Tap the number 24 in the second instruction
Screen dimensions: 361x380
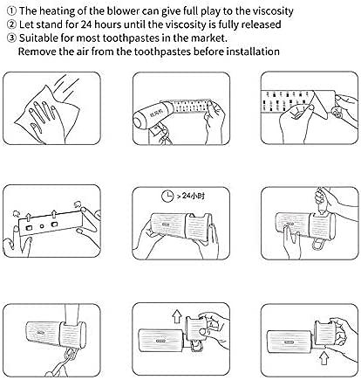click(86, 24)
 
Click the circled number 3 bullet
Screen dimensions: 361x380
click(11, 38)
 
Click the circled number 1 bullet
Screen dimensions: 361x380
click(11, 11)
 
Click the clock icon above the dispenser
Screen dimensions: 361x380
click(167, 196)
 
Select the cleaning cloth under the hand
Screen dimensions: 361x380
click(48, 114)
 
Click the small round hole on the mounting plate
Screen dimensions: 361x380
click(42, 226)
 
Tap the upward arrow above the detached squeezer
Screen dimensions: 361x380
click(176, 316)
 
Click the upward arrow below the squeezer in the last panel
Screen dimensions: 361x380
click(324, 358)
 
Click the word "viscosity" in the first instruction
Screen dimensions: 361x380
click(273, 11)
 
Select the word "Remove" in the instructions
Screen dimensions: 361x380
click(37, 52)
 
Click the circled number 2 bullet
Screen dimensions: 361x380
click(11, 24)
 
